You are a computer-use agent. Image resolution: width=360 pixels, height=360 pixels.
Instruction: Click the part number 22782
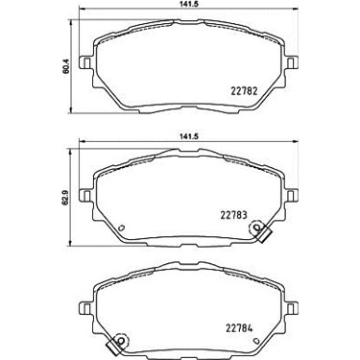click(x=244, y=92)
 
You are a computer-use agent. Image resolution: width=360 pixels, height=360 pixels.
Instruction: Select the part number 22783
click(x=233, y=215)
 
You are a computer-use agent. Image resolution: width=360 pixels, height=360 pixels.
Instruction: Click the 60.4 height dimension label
click(x=66, y=68)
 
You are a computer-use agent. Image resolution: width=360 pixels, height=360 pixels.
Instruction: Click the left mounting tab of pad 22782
click(x=85, y=62)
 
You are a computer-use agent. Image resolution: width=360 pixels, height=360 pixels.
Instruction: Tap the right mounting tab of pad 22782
click(x=291, y=62)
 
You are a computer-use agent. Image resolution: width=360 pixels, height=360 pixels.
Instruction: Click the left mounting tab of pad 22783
click(x=85, y=195)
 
